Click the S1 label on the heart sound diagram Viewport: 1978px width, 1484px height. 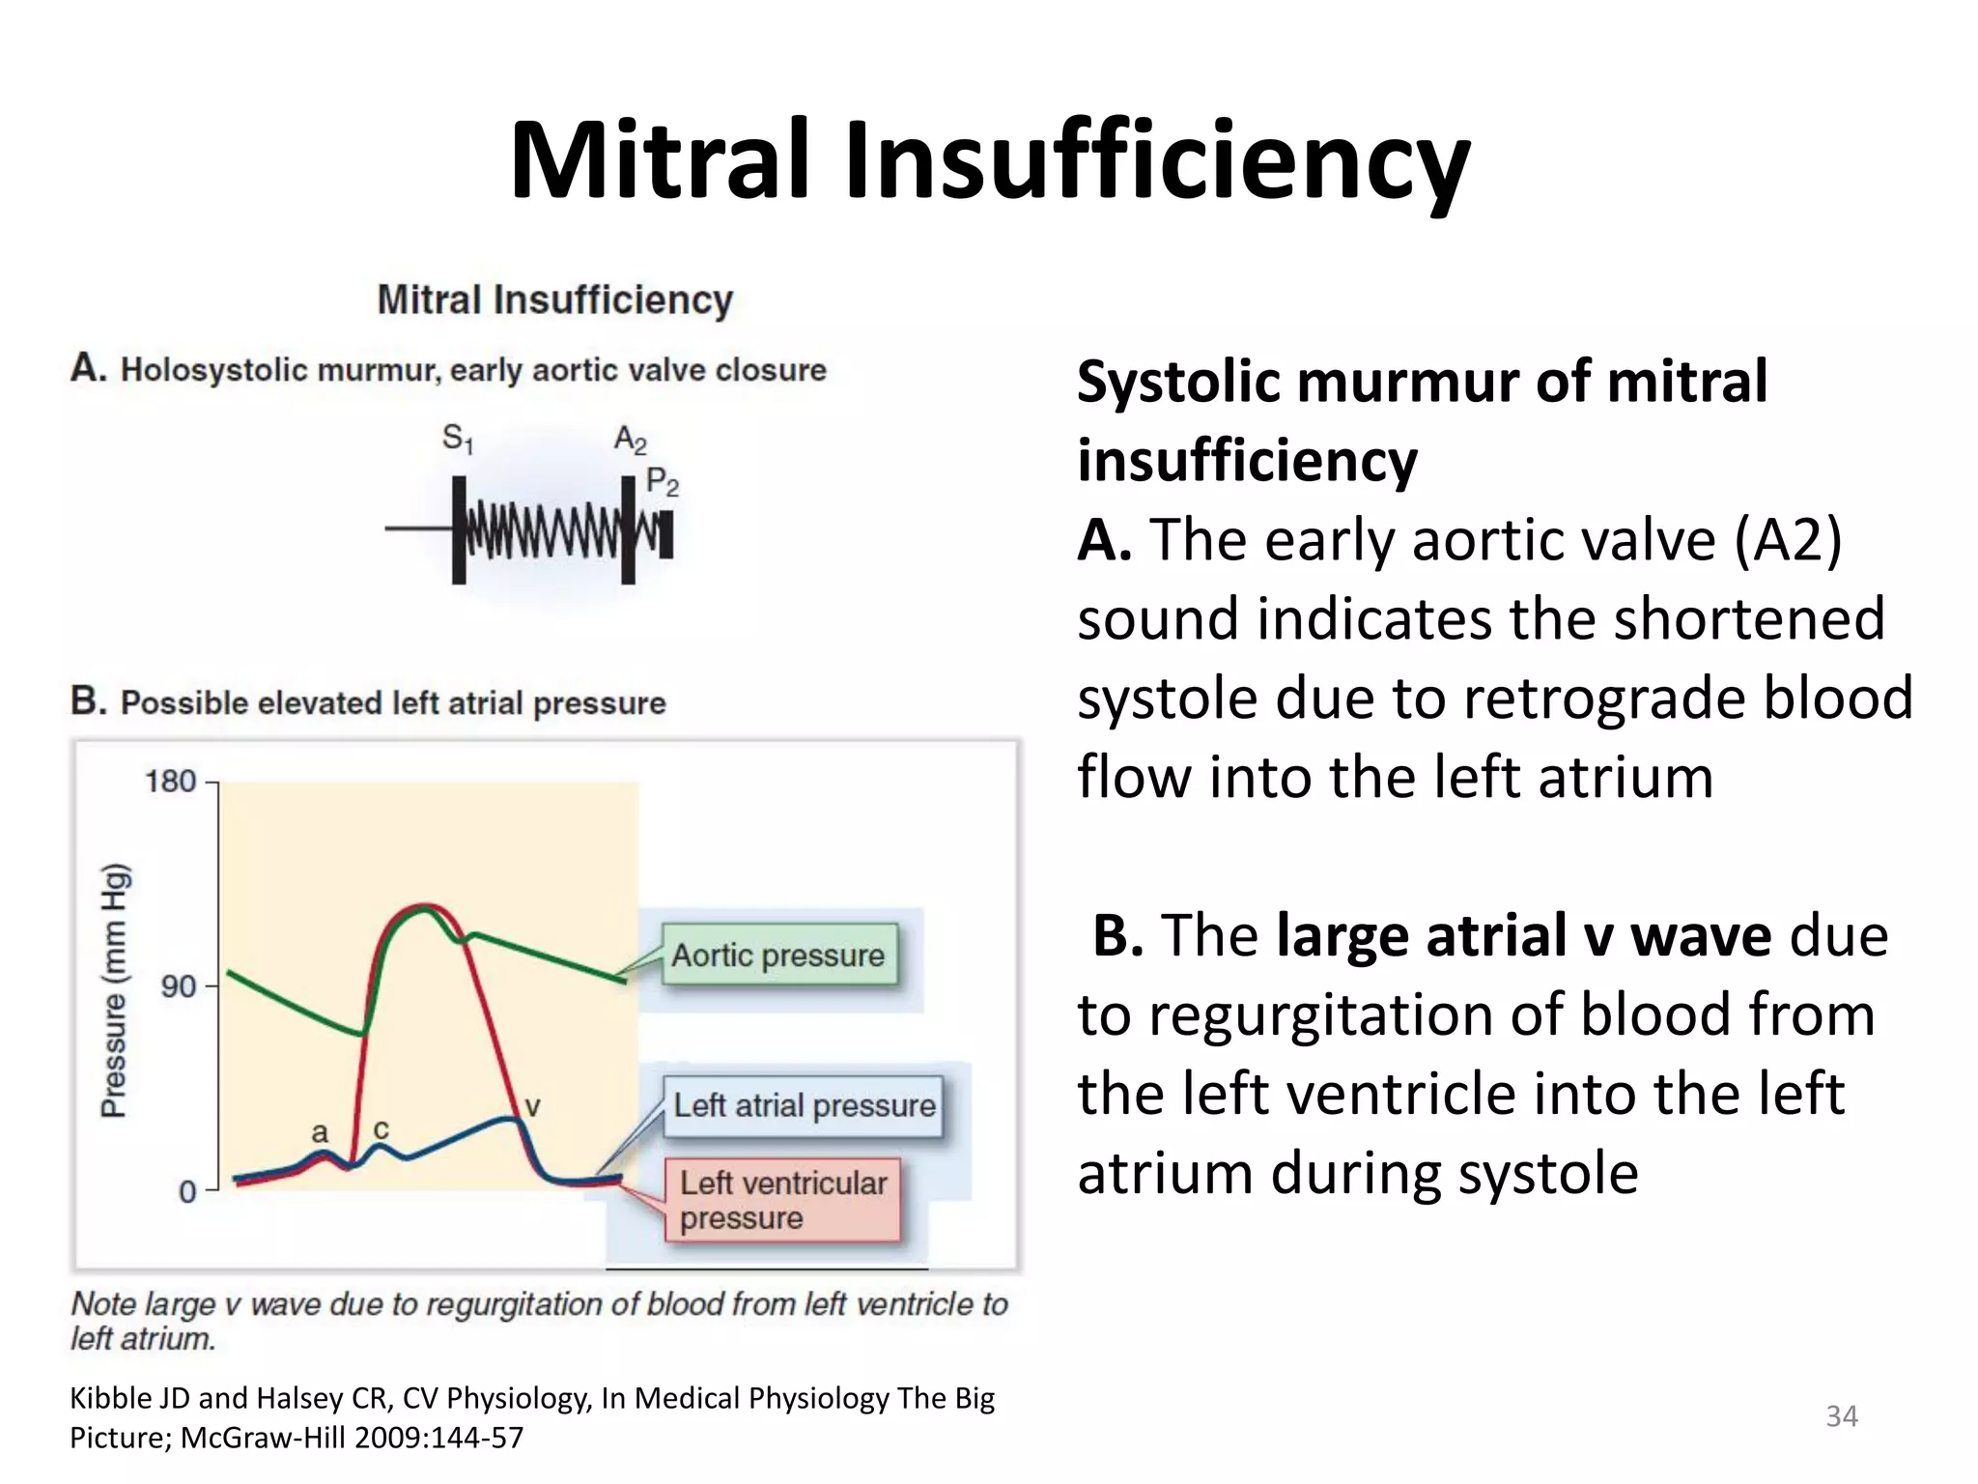[458, 440]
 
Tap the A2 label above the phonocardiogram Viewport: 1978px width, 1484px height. [631, 440]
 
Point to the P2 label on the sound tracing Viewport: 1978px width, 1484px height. [663, 481]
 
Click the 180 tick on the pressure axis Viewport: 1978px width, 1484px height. [171, 781]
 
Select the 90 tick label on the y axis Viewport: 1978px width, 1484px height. [179, 986]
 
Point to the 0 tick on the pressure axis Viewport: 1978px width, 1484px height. [187, 1191]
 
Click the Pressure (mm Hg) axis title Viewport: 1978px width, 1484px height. [114, 990]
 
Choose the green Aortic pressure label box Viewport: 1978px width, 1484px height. [778, 955]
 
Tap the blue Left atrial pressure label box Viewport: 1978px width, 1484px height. [804, 1105]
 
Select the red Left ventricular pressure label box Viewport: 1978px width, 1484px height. [782, 1200]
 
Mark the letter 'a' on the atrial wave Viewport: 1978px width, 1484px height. [320, 1132]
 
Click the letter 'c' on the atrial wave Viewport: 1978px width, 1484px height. [381, 1128]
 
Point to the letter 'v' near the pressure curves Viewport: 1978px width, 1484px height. [532, 1105]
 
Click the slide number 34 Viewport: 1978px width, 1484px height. [1842, 1416]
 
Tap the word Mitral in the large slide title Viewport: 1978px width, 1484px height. [661, 160]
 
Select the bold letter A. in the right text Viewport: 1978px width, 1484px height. [1105, 539]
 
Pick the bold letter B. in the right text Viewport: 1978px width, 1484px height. [1118, 935]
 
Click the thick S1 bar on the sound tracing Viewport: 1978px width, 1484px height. [459, 529]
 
